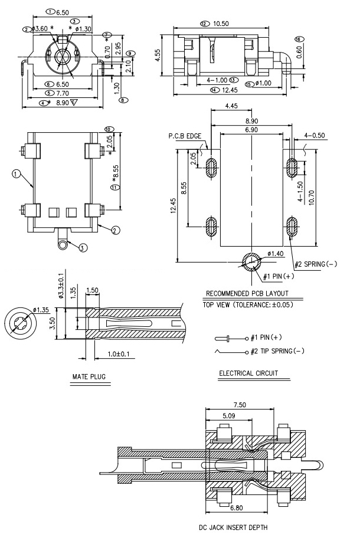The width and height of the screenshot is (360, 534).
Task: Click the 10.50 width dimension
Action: point(222,24)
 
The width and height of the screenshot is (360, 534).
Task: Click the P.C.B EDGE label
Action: point(185,136)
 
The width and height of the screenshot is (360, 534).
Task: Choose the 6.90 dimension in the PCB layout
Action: point(251,129)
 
